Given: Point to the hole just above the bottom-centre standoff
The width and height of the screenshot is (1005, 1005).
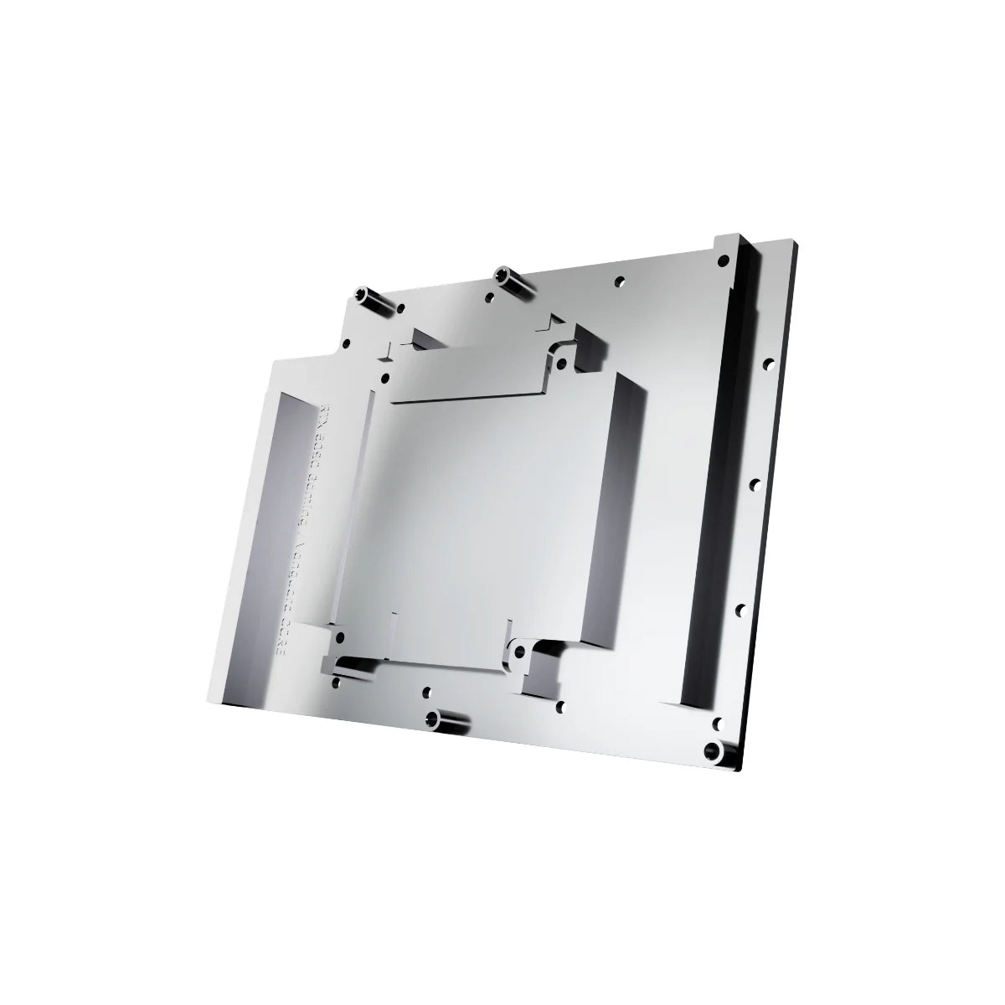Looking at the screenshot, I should coord(427,693).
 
